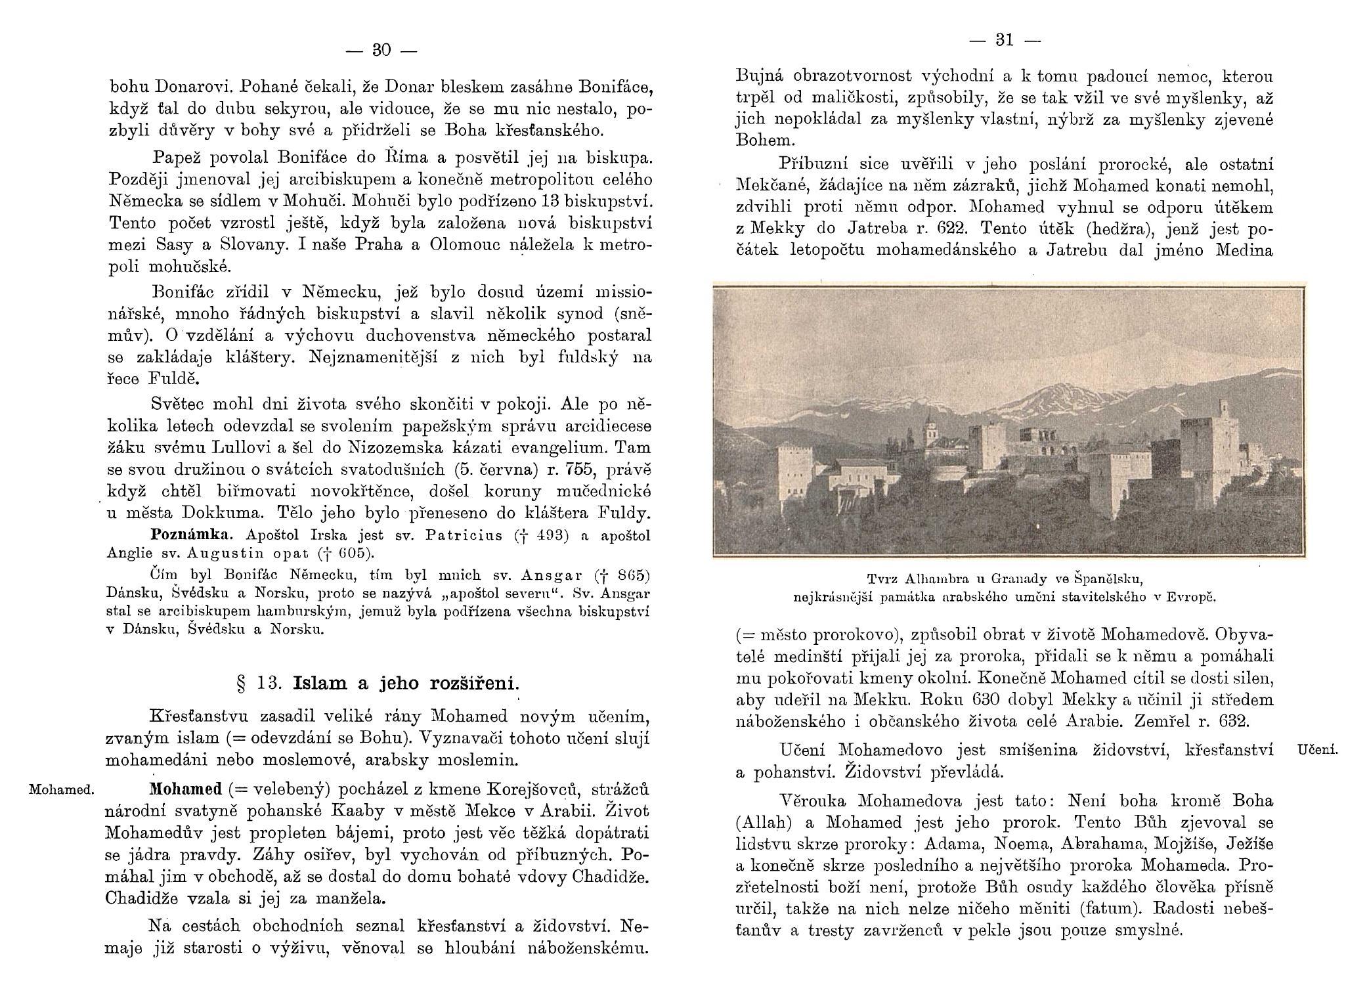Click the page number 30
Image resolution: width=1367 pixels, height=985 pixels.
click(x=381, y=51)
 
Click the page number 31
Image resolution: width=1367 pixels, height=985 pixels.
click(x=1005, y=41)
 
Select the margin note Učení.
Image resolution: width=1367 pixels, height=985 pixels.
click(x=1318, y=750)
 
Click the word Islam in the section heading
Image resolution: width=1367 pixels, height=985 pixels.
click(x=320, y=684)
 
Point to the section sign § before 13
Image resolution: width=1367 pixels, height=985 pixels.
click(x=240, y=684)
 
